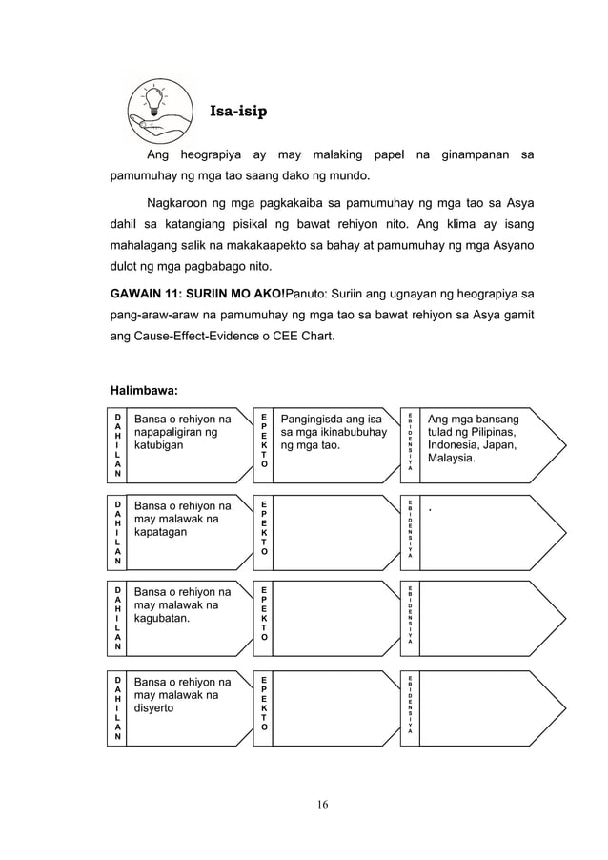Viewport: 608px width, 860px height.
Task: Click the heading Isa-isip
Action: [x=237, y=112]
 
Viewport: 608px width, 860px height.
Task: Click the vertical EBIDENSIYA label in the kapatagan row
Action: [x=410, y=529]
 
